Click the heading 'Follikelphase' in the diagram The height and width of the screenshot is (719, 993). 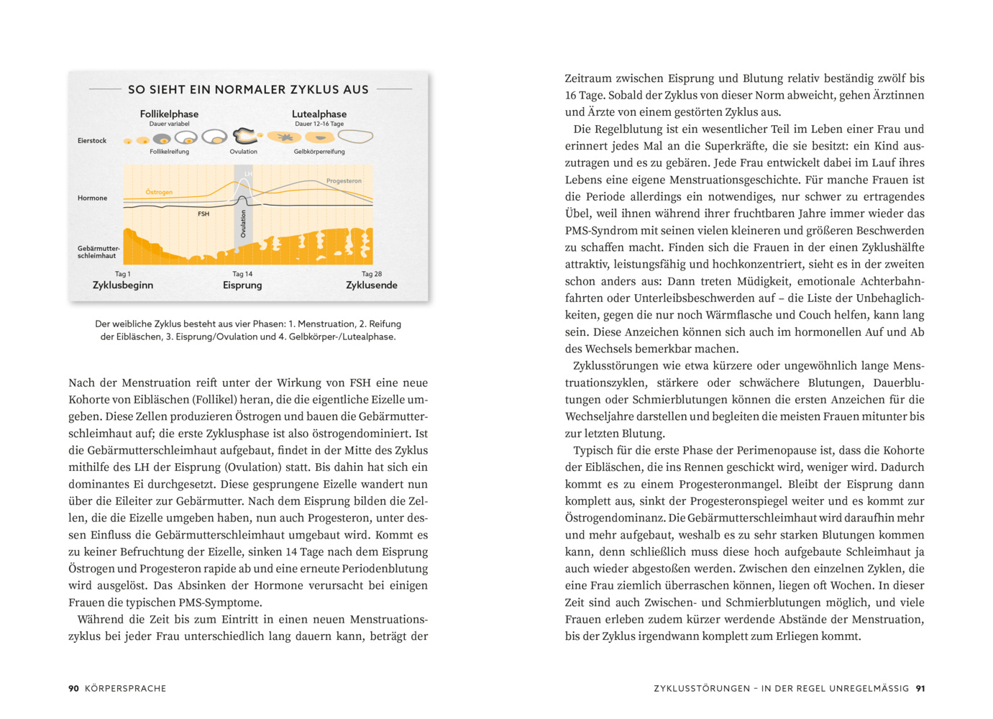click(x=169, y=114)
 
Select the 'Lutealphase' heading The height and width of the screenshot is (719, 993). click(x=319, y=114)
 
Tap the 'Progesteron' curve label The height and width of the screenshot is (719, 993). click(x=344, y=180)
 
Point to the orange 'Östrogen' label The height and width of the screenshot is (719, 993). click(x=159, y=192)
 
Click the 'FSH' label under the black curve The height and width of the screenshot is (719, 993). click(x=203, y=214)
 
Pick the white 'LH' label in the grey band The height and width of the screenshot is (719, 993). click(x=248, y=173)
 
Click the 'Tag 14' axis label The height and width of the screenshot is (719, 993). click(x=242, y=274)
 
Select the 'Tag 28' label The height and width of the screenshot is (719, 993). click(x=372, y=274)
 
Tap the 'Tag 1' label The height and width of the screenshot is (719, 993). click(x=123, y=274)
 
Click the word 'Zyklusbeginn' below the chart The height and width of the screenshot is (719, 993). click(x=123, y=285)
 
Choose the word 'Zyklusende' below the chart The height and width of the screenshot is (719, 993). click(x=372, y=285)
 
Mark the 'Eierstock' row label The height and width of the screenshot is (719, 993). click(x=92, y=141)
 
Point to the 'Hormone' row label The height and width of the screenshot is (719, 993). click(x=92, y=198)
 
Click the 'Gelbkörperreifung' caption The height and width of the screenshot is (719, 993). click(x=319, y=152)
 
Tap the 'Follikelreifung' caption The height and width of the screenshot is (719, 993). click(x=169, y=152)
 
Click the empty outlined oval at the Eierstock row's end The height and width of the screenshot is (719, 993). click(x=355, y=136)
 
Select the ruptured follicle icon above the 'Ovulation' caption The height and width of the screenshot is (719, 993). click(x=244, y=135)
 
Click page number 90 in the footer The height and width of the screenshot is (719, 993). click(x=73, y=689)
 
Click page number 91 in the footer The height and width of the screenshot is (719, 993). click(x=920, y=689)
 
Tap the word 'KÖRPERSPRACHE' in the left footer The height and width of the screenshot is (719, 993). click(x=125, y=689)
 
